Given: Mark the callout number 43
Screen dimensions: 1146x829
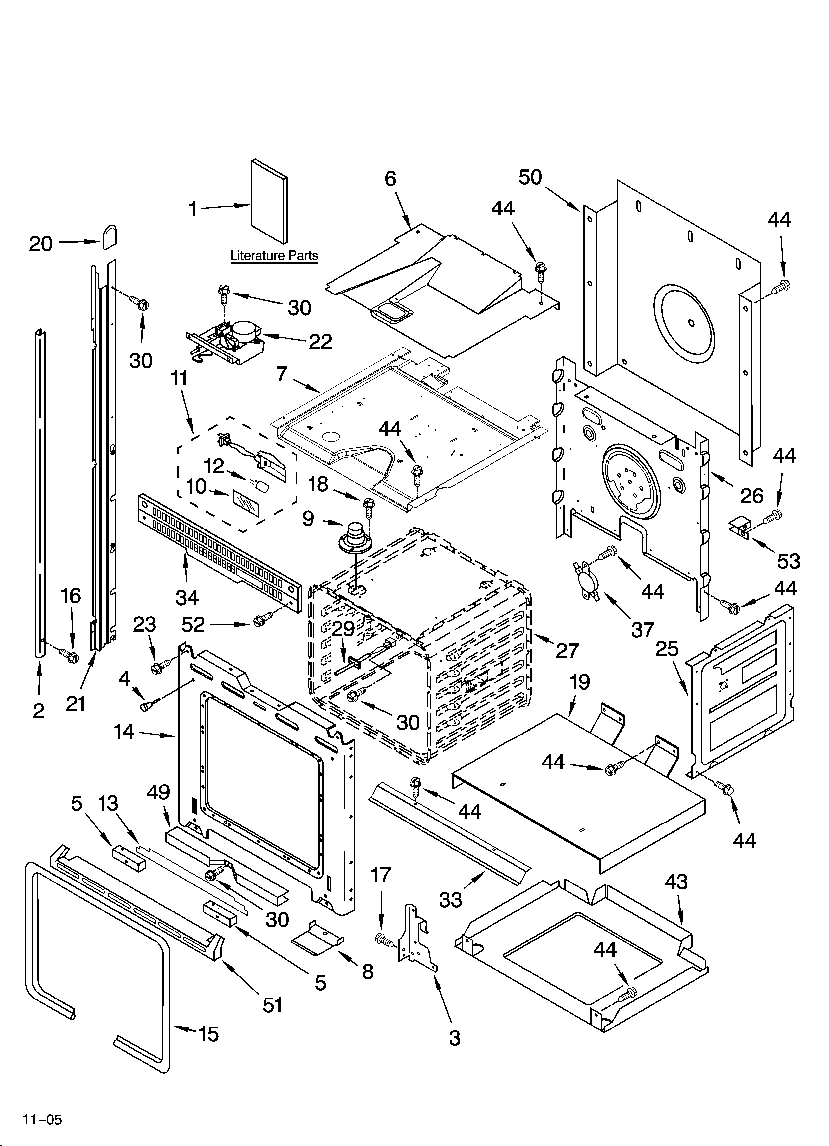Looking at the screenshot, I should point(675,882).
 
